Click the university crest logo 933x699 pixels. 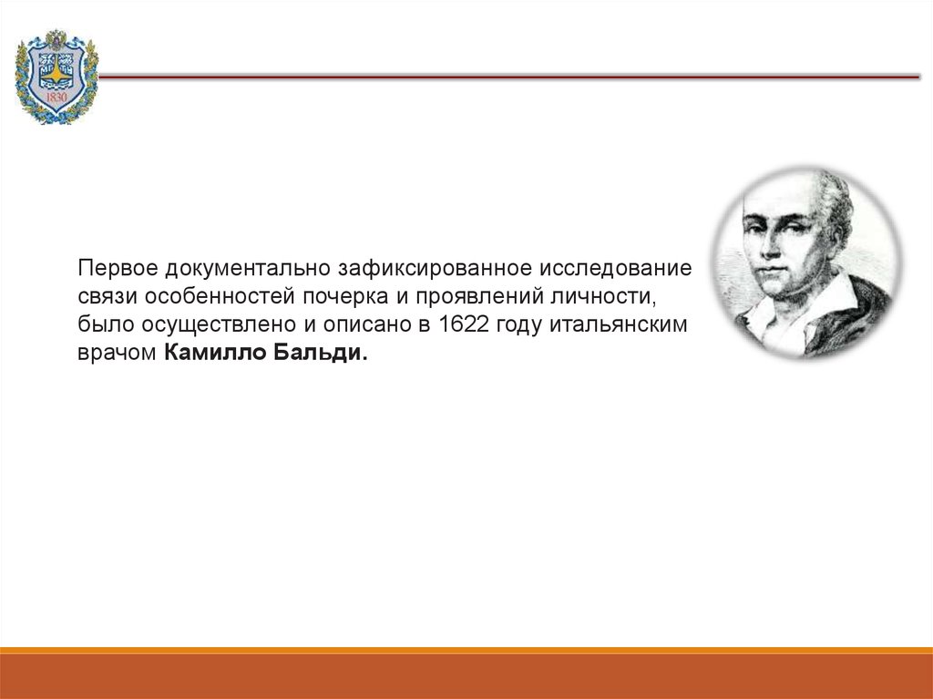coord(56,77)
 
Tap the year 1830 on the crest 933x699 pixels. coord(56,97)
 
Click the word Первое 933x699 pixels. coord(118,269)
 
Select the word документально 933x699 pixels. coord(248,269)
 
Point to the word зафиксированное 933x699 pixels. coord(435,269)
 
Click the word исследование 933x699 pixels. coord(615,269)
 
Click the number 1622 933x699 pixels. coord(463,324)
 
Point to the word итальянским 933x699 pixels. coord(619,324)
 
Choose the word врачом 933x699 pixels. coord(118,353)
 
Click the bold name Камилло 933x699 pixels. coord(215,353)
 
